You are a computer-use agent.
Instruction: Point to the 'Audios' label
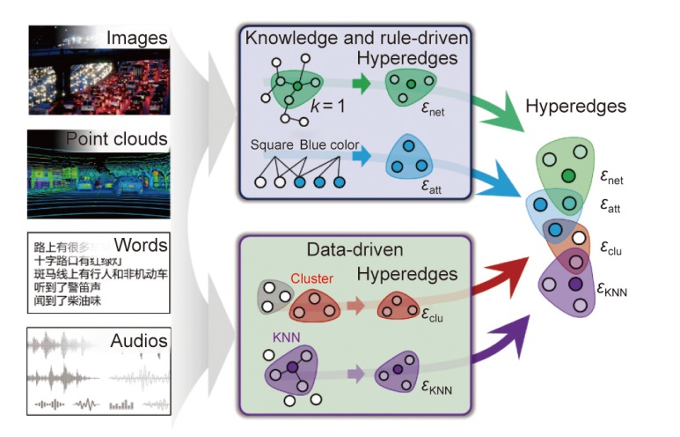(x=139, y=340)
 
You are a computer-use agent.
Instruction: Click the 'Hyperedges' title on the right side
(x=575, y=107)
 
